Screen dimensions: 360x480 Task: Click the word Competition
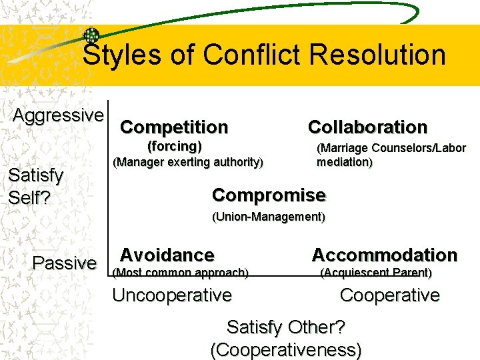tap(174, 127)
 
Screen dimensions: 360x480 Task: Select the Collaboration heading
tap(367, 127)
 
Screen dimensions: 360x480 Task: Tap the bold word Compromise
tap(269, 195)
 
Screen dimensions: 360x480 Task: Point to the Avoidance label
tap(167, 255)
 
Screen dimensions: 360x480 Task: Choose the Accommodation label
tap(384, 255)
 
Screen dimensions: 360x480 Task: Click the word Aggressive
tap(58, 115)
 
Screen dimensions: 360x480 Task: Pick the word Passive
tap(64, 263)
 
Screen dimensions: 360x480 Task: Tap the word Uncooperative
tap(172, 295)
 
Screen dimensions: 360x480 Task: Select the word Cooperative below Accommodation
tap(389, 295)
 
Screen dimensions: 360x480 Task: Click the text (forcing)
tap(174, 145)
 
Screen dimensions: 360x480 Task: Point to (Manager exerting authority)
tap(188, 162)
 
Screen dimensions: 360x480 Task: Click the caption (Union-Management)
tap(268, 217)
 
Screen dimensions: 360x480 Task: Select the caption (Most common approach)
tap(181, 272)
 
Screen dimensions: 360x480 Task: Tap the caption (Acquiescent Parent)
tap(376, 272)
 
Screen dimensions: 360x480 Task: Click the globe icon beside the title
tap(92, 36)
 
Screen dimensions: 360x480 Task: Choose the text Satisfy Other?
tap(285, 327)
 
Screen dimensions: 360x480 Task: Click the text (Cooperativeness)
tap(285, 349)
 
